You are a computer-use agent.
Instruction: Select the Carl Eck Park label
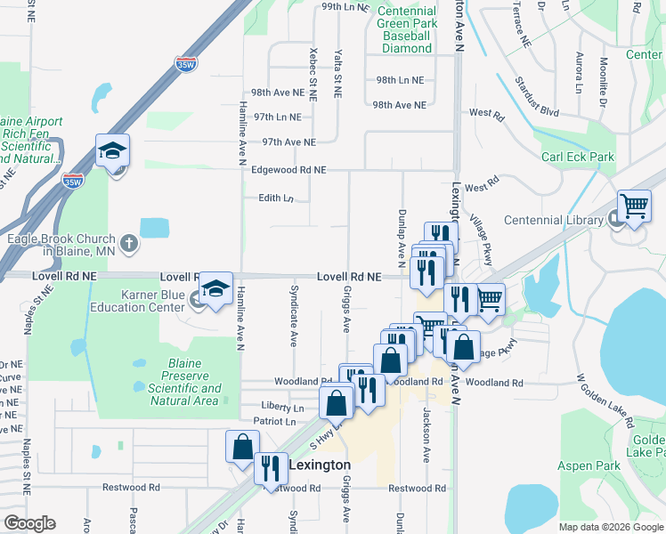click(x=578, y=157)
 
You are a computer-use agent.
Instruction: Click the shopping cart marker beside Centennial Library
click(x=634, y=206)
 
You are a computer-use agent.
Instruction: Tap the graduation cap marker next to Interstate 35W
click(x=113, y=152)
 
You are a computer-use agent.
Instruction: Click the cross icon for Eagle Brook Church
click(x=129, y=241)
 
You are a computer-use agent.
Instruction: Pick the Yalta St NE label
click(x=337, y=73)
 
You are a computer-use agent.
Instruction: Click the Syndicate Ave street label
click(x=293, y=316)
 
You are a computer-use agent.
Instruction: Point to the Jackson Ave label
click(x=426, y=434)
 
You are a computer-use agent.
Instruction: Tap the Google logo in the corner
click(x=29, y=523)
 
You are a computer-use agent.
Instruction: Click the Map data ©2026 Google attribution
click(x=610, y=527)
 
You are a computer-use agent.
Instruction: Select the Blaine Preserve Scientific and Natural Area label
click(x=184, y=382)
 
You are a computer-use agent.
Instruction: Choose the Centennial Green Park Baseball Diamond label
click(x=406, y=29)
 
